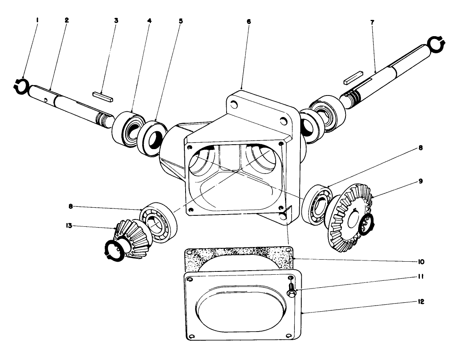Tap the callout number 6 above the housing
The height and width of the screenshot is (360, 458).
248,22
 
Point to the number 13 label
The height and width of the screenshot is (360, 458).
69,226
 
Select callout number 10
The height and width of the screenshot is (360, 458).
421,262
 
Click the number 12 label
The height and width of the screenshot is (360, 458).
421,301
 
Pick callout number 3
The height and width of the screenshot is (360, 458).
116,20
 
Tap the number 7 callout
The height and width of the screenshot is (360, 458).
372,22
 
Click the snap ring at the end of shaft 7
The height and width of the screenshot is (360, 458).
436,44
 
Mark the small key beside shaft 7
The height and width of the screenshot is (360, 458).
353,77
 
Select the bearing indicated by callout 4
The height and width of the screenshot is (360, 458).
129,128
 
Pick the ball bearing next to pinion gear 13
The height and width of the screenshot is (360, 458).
158,223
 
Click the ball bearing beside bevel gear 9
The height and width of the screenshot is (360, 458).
317,204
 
